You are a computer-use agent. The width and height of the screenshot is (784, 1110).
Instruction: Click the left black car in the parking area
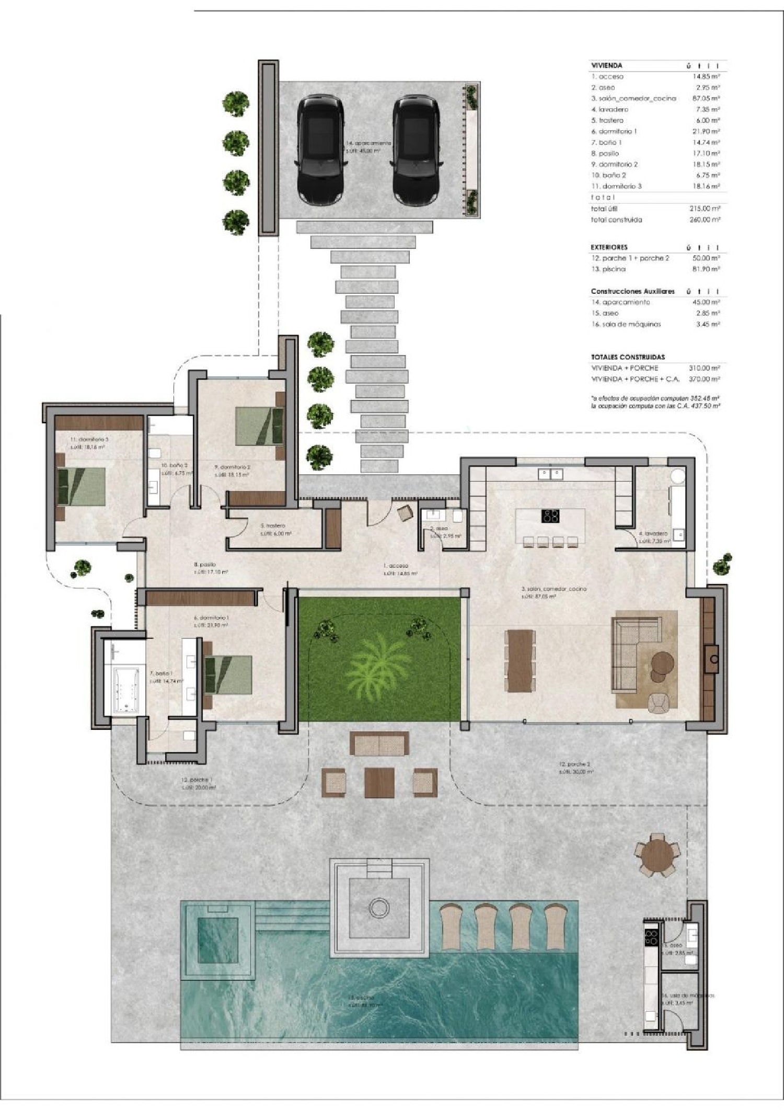[320, 151]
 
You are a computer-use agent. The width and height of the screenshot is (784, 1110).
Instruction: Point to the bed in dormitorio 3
[82, 486]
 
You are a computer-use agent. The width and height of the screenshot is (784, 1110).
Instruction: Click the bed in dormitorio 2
[259, 426]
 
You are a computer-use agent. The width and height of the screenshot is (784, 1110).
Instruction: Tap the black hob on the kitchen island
[550, 516]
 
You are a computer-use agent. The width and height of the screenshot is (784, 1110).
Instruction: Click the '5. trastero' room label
[272, 525]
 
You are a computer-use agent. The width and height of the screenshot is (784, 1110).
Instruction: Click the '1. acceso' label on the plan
[396, 566]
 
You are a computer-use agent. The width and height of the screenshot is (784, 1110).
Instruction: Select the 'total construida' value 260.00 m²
[705, 220]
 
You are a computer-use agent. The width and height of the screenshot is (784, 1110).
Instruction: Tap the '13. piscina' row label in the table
[609, 269]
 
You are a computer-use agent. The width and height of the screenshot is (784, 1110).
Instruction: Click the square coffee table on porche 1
[379, 782]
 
